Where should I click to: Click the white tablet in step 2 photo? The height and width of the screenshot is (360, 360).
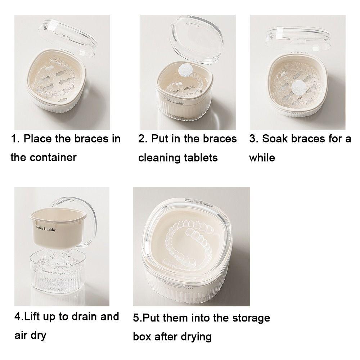pyautogui.click(x=186, y=69)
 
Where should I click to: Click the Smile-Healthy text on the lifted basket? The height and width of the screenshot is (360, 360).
pyautogui.click(x=46, y=229)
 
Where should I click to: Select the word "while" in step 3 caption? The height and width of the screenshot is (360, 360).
pyautogui.click(x=262, y=158)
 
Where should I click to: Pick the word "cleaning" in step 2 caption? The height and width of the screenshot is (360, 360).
pyautogui.click(x=159, y=158)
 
